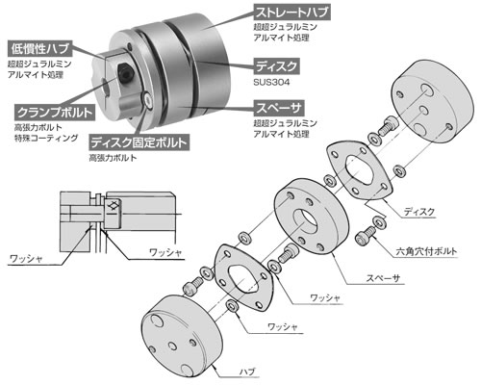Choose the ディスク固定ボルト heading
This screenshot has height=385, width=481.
pos(138,141)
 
